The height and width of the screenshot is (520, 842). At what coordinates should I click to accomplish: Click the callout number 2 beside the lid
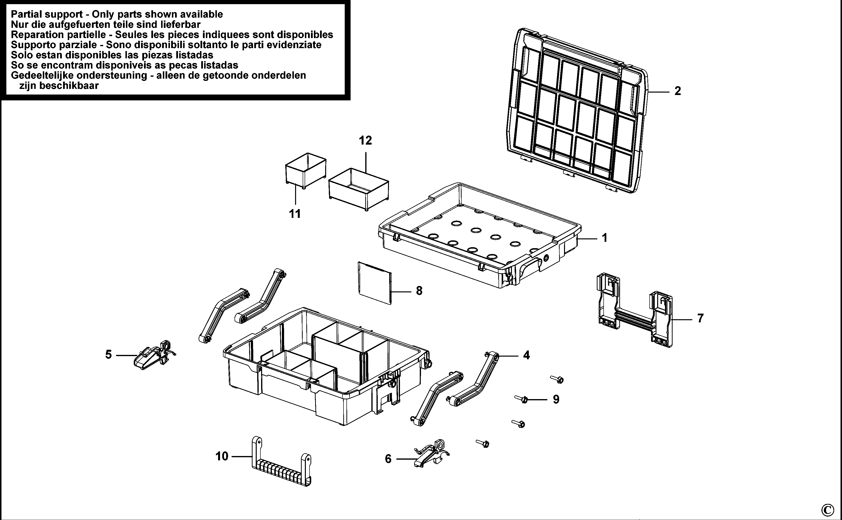tap(677, 91)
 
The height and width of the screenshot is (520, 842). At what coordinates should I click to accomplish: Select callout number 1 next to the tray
tap(604, 238)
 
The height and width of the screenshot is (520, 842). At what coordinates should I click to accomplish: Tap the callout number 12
tap(365, 141)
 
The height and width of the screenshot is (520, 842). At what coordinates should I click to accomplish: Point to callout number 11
tap(295, 214)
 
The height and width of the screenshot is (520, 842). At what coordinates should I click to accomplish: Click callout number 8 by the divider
tap(419, 291)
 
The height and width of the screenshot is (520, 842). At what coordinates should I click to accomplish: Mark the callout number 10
tap(222, 456)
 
